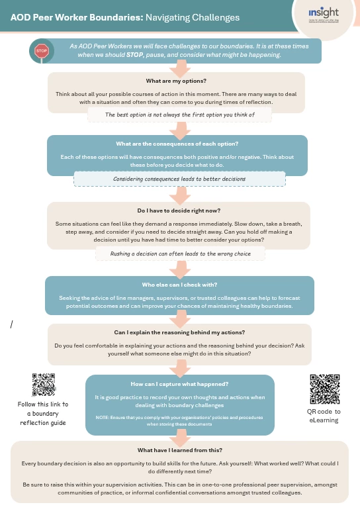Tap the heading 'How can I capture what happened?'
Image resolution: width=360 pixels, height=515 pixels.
[180, 384]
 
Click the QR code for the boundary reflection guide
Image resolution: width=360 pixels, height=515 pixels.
[44, 385]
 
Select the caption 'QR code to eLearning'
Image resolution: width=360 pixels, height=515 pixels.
[324, 416]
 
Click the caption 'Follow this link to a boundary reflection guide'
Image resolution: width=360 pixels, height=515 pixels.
[43, 413]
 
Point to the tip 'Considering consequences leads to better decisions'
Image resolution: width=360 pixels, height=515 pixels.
[179, 179]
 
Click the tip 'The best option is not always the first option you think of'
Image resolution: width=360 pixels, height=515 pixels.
[179, 114]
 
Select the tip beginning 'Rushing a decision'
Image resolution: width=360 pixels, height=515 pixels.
[179, 254]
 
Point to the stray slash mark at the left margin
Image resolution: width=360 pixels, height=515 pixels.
[12, 324]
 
